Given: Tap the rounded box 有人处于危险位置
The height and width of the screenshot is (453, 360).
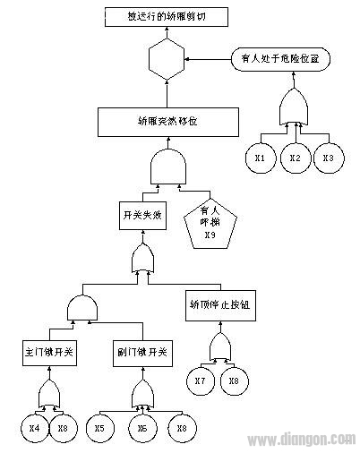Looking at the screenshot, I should point(281,59).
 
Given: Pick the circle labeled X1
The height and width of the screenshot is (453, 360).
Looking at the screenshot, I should point(260,158).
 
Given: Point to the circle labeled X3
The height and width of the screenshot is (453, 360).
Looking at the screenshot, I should point(327,158).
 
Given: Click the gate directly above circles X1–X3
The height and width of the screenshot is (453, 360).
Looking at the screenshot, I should point(293,111).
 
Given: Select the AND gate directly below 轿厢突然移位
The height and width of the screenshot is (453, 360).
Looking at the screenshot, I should point(167,167).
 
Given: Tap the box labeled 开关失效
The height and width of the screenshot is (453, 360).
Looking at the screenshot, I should point(141,216).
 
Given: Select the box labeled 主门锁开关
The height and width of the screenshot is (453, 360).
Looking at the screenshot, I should point(50,351).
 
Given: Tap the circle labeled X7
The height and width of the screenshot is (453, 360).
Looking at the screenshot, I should point(201,381).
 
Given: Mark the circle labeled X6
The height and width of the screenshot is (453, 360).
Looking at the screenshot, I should point(142,427).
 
